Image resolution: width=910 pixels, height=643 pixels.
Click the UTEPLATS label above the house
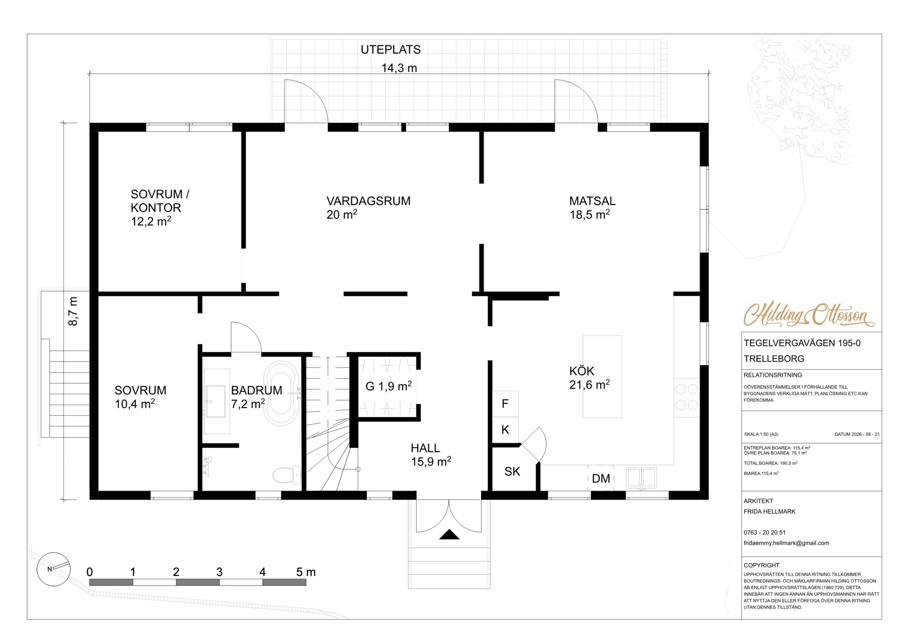391,50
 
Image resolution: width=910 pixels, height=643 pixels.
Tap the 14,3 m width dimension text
399,68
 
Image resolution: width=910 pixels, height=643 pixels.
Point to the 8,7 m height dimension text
73,311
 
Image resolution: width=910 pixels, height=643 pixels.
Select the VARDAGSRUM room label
368,201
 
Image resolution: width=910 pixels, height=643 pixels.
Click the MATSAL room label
592,201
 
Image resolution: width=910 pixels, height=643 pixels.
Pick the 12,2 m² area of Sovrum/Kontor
151,221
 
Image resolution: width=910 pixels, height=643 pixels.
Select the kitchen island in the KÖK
602,377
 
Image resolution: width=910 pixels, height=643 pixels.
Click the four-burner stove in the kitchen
686,397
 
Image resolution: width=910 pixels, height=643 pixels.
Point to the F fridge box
505,404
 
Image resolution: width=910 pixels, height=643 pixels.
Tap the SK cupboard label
512,471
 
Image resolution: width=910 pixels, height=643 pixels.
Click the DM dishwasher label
601,478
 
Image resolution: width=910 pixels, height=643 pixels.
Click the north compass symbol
54,569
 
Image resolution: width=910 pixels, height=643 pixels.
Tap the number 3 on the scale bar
219,572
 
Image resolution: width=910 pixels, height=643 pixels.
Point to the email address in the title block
786,543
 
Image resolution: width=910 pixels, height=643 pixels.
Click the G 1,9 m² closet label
388,386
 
